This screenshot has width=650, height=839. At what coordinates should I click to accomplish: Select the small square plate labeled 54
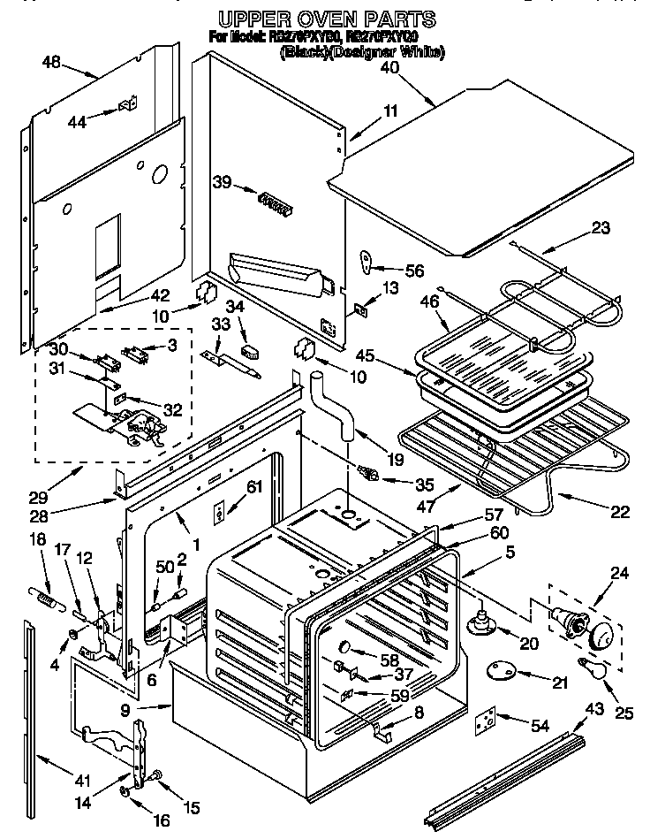(484, 722)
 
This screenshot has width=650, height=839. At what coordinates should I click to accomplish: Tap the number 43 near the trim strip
(595, 707)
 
